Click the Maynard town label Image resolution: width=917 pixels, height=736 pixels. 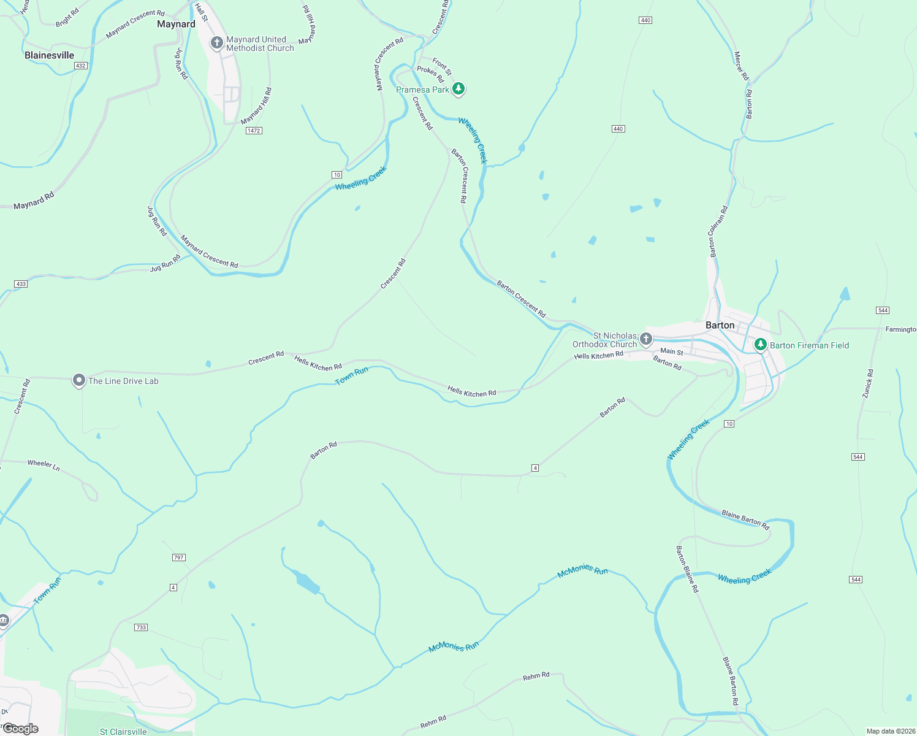[176, 25]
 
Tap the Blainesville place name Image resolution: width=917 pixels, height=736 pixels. [49, 55]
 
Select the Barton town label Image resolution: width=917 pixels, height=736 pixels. [720, 325]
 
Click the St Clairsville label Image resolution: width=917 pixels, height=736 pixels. [123, 732]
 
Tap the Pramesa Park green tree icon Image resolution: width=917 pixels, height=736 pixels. [458, 89]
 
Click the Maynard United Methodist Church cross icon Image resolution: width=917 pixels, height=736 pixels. [216, 43]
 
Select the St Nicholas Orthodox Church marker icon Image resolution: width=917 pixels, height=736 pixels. [645, 339]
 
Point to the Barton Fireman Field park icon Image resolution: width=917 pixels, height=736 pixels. [760, 345]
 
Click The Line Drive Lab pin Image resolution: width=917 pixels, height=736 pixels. [78, 380]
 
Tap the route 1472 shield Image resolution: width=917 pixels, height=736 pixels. [254, 131]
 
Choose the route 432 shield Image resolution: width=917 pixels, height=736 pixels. [81, 66]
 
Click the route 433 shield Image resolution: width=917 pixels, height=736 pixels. [21, 284]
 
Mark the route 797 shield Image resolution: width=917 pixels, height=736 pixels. [178, 558]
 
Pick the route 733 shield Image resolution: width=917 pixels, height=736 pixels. [141, 627]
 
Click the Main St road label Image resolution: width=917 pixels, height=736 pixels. [672, 351]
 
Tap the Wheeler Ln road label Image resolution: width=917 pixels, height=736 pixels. [44, 466]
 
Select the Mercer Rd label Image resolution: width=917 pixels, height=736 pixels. [741, 66]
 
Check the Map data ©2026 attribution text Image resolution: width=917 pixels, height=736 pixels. [889, 731]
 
